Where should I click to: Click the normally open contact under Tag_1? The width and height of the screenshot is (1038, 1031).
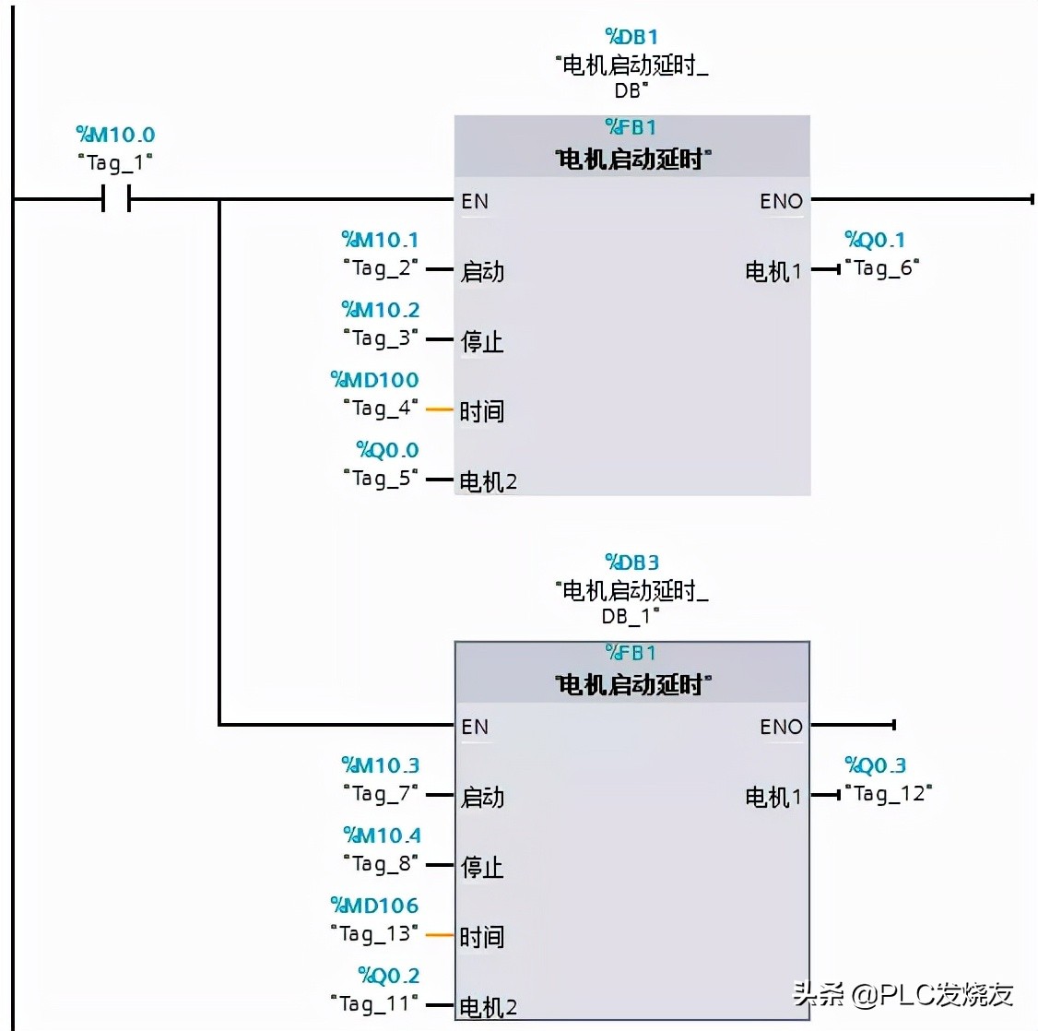tap(116, 198)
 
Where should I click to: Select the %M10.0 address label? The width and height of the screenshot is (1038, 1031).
tap(115, 135)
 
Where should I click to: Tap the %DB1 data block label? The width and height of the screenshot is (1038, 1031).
tap(631, 37)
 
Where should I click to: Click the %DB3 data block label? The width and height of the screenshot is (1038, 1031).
tap(631, 563)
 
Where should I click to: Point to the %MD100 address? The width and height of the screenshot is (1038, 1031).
tap(374, 380)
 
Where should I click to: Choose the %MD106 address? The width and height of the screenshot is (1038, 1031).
tap(374, 906)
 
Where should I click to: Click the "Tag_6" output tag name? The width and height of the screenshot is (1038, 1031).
tap(882, 268)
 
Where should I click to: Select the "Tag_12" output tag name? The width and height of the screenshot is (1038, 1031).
tap(889, 794)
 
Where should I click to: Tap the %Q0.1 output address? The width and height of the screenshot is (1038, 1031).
tap(875, 241)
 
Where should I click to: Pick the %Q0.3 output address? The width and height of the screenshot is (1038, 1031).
tap(875, 766)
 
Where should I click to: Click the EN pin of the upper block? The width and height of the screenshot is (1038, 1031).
tap(475, 201)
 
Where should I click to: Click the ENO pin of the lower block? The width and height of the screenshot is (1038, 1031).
tap(781, 727)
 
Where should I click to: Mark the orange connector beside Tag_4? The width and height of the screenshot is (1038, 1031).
tap(439, 409)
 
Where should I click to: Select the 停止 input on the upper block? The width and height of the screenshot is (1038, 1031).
tap(482, 342)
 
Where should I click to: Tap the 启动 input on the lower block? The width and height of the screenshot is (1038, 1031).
tap(482, 797)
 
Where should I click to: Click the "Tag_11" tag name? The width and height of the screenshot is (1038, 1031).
tap(374, 1004)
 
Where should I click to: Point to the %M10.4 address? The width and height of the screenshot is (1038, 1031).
tap(382, 835)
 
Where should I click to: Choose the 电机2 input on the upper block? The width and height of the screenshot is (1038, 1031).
tap(489, 481)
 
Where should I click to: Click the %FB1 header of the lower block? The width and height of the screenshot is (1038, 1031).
tap(631, 653)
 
